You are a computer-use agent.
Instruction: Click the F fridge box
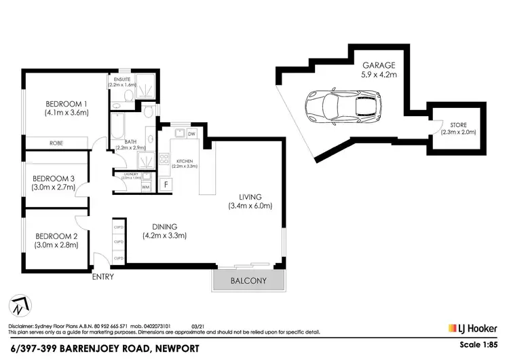[x=165, y=184]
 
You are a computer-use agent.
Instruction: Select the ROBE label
[x=57, y=143]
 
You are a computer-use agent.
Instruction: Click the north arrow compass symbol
[x=20, y=306]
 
